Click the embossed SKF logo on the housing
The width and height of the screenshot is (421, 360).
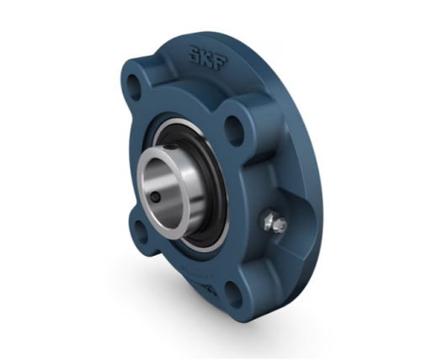[208, 58]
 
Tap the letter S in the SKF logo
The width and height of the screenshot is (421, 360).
[195, 54]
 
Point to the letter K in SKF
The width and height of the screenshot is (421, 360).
[208, 58]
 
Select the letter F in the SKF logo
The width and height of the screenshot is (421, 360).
[221, 61]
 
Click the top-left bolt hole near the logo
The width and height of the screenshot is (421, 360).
[135, 87]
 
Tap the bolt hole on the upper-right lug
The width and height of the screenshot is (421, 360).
[235, 128]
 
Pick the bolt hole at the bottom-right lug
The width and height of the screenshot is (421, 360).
[233, 292]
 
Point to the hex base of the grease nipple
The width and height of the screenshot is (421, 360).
[266, 218]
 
